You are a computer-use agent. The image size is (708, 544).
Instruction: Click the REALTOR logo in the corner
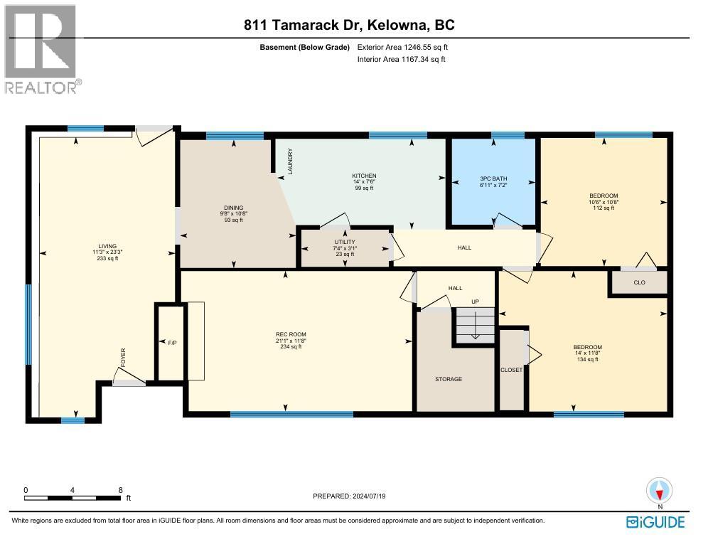click(x=43, y=49)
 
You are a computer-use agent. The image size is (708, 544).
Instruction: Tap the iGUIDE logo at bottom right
click(x=655, y=523)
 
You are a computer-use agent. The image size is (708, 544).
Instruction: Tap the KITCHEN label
click(x=364, y=176)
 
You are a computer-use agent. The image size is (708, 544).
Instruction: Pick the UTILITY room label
click(x=345, y=242)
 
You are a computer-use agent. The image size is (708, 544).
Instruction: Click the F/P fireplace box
click(x=171, y=342)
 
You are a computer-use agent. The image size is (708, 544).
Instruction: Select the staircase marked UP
click(x=474, y=326)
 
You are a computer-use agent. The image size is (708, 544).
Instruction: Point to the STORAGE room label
click(x=449, y=379)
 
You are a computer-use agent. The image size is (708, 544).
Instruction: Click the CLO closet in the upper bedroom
click(x=639, y=282)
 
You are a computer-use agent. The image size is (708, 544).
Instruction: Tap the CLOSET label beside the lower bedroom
click(x=511, y=370)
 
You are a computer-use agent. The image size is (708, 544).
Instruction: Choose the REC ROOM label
click(x=291, y=334)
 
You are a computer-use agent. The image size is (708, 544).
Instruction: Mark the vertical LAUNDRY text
click(x=290, y=162)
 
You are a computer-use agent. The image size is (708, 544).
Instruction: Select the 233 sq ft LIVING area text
click(x=107, y=259)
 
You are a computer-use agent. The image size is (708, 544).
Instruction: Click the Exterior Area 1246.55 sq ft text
click(x=403, y=47)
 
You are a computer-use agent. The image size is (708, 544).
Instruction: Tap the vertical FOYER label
click(x=122, y=356)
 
